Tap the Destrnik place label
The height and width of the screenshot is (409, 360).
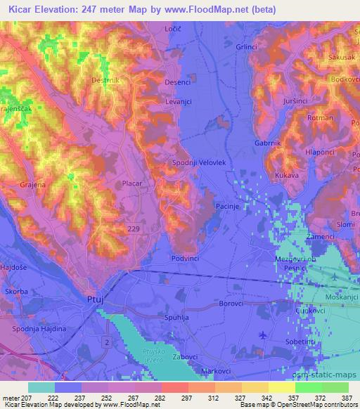106,81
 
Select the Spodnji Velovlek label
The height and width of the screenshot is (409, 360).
199,162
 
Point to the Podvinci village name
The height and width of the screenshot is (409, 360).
187,259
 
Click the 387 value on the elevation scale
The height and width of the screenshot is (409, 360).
345,397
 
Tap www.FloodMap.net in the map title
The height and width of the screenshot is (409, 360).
216,10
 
